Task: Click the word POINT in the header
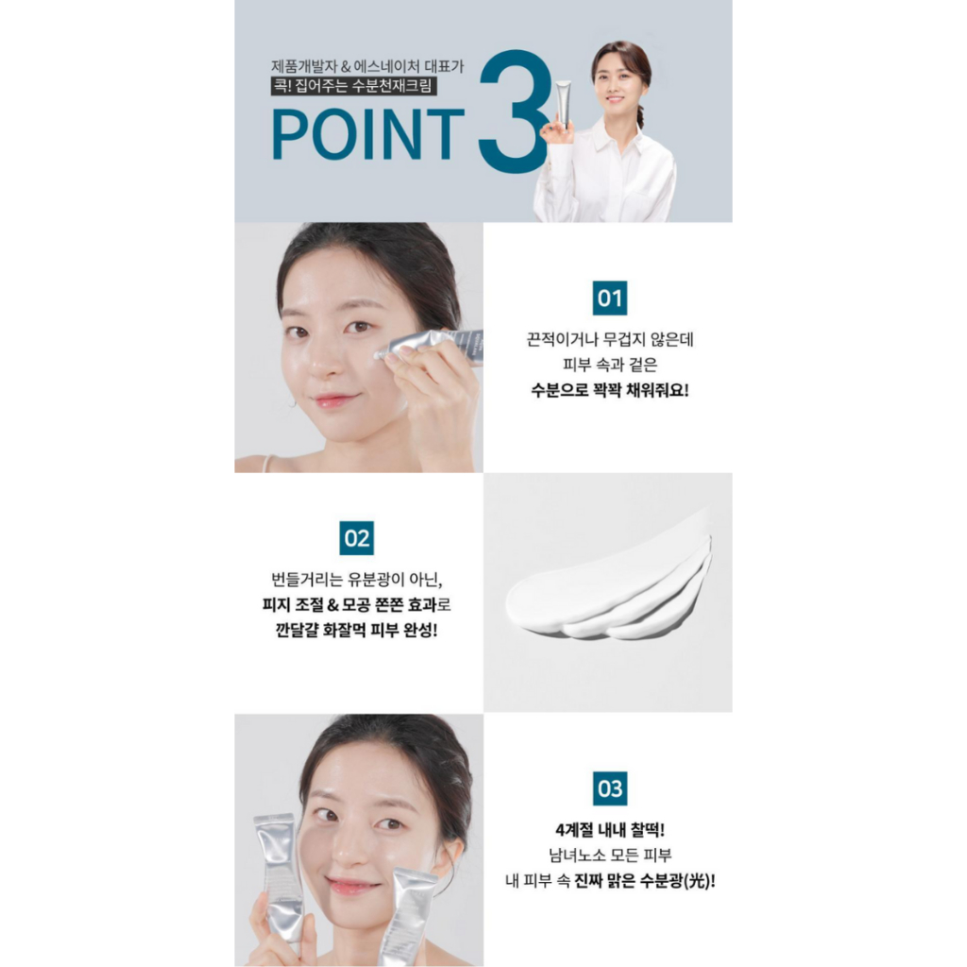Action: tap(368, 134)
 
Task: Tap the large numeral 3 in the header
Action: tap(513, 111)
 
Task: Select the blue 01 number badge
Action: tap(609, 298)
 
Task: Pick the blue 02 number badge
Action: tap(356, 538)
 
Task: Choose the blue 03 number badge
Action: tap(609, 789)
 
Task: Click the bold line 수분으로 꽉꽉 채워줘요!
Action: tap(609, 390)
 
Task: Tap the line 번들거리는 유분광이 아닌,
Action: tap(356, 580)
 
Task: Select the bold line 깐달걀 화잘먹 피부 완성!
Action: tap(356, 630)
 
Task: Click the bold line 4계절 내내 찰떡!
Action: tap(609, 830)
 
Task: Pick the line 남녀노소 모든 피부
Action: tap(609, 856)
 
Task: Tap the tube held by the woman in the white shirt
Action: tap(563, 104)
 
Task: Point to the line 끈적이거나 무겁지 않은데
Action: tap(609, 339)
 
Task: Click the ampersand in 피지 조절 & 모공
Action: tap(333, 605)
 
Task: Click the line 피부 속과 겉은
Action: tap(609, 365)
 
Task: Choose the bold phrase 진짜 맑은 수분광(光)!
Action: tap(644, 881)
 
